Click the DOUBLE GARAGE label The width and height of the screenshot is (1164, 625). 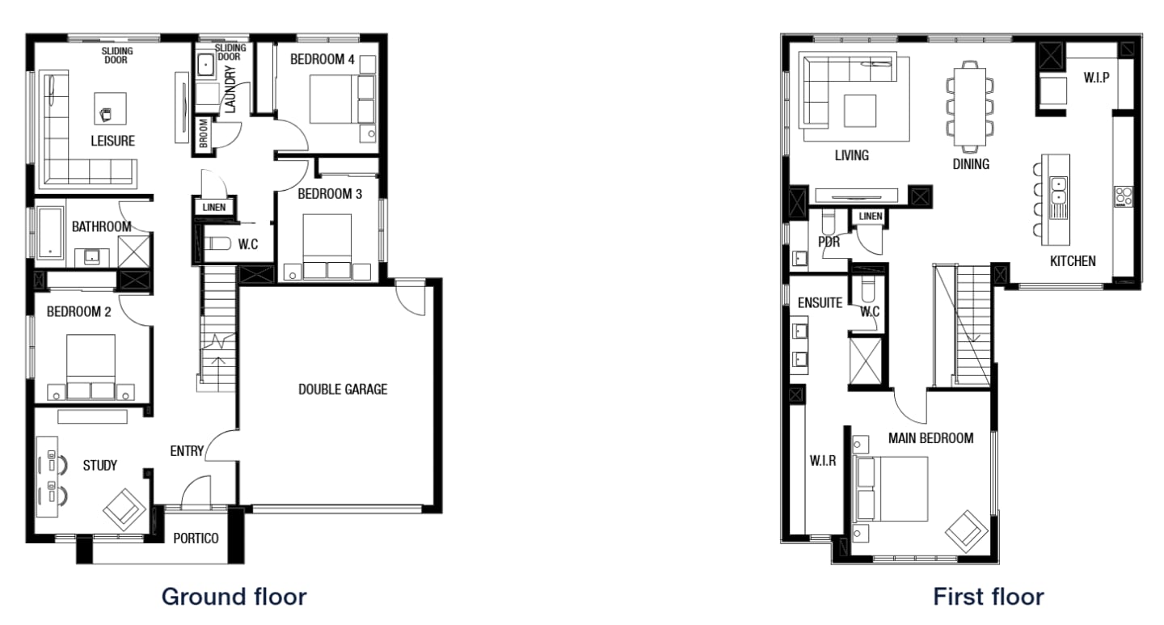coord(343,390)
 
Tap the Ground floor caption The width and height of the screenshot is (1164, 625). coord(234,598)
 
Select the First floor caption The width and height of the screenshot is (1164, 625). coord(988,598)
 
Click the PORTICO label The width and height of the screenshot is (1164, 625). coord(196,538)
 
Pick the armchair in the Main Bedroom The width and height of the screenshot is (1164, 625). coord(967,530)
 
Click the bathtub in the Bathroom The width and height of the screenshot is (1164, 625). coord(51,234)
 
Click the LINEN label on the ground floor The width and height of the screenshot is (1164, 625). coord(213,208)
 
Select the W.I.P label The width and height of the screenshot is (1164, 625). coord(1096,78)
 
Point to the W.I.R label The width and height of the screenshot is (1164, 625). coord(823,462)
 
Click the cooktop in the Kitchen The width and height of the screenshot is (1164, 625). coord(1123,196)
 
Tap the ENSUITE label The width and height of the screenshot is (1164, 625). coord(820,302)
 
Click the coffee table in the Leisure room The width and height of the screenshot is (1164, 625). coord(109,108)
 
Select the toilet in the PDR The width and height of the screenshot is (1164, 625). coord(828,222)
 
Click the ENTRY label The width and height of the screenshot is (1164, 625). coord(187,450)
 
